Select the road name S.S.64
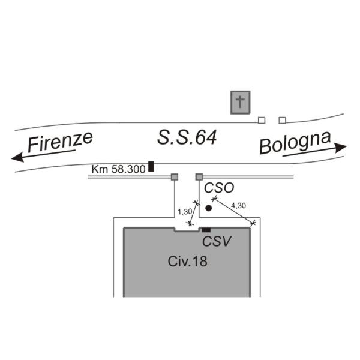tap(187, 137)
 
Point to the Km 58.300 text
tap(119, 169)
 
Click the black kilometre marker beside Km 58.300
tap(151, 166)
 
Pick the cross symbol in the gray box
tap(240, 102)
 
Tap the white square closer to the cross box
tap(261, 120)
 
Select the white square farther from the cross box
tap(282, 120)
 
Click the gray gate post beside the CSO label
tap(199, 177)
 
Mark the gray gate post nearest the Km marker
tap(175, 177)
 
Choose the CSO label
tap(218, 188)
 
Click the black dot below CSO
tap(208, 208)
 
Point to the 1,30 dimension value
tap(185, 212)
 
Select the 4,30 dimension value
tap(238, 206)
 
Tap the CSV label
tap(217, 242)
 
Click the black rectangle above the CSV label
tap(206, 230)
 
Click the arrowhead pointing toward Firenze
tap(17, 158)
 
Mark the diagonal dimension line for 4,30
tap(233, 211)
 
